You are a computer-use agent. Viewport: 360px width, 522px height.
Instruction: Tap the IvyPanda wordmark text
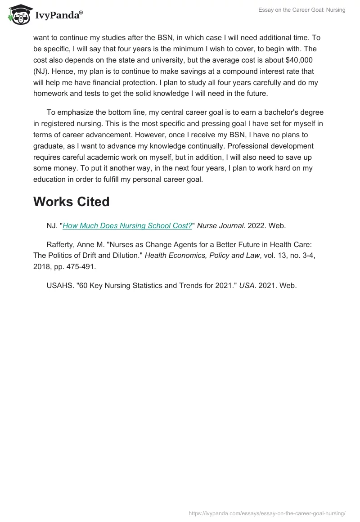point(58,15)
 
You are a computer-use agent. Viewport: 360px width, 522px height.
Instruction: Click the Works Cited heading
point(71,202)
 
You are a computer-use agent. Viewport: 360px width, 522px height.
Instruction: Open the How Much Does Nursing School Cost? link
point(127,226)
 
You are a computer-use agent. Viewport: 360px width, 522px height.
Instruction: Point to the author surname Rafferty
point(62,244)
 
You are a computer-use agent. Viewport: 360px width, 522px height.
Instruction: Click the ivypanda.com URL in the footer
point(267,513)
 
